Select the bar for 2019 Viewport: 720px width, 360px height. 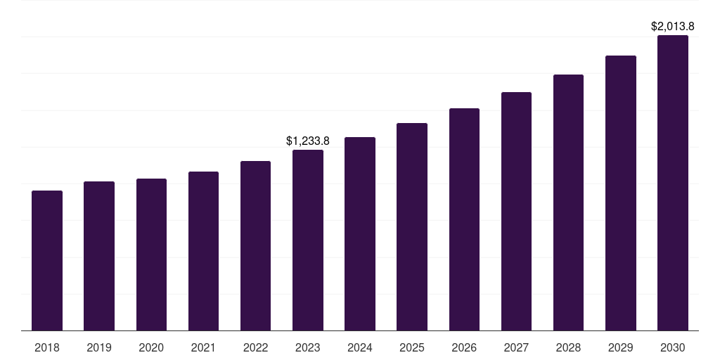point(99,256)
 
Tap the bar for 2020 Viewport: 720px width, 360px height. point(151,255)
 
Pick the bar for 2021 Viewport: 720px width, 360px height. point(203,251)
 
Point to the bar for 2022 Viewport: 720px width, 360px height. point(255,245)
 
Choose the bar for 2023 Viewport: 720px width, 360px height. point(308,240)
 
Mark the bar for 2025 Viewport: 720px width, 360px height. point(412,226)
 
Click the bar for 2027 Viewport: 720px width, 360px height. point(516,211)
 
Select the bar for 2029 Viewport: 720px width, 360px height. point(621,193)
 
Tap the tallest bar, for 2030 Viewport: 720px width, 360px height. point(673,183)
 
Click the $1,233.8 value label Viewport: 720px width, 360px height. point(308,141)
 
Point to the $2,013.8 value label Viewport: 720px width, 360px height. point(673,27)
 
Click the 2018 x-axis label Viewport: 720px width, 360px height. point(47,347)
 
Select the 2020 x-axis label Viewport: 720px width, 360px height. point(151,347)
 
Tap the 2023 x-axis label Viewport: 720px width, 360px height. point(308,347)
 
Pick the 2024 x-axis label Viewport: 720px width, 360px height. point(360,347)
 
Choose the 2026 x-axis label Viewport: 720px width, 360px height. point(464,347)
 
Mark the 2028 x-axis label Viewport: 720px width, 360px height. point(568,347)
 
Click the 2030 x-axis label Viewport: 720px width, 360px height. point(673,347)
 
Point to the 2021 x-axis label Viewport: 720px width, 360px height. point(203,347)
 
